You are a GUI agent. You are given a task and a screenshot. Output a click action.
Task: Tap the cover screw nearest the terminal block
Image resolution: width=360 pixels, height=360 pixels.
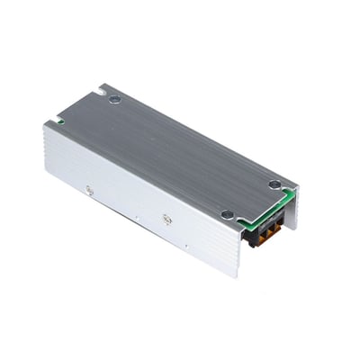228,214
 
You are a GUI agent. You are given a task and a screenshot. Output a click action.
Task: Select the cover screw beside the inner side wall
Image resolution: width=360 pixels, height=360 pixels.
274,184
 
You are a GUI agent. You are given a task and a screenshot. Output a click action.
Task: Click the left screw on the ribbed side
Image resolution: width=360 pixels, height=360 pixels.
88,189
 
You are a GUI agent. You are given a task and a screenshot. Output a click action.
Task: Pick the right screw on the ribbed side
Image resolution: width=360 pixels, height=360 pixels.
166,219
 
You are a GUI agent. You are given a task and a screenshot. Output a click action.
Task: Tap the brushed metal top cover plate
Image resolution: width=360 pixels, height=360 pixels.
171,153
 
